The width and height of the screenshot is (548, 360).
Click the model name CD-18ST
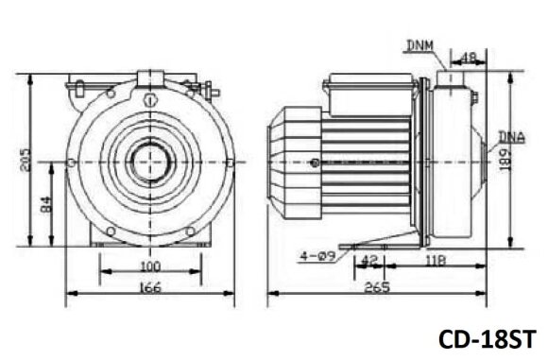coord(487,338)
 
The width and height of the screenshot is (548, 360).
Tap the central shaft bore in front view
coord(150,163)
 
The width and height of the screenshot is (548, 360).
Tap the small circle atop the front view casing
coord(149,99)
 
